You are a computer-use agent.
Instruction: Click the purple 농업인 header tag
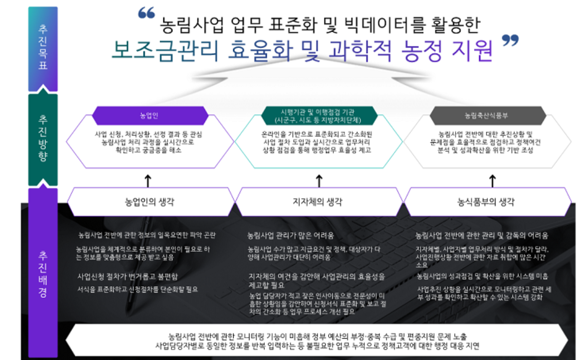(x=149, y=116)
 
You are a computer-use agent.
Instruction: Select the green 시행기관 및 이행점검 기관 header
(x=319, y=116)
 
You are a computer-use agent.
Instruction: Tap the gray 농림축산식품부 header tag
(x=488, y=116)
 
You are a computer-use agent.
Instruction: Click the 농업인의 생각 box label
(x=149, y=202)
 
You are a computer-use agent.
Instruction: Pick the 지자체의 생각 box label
(x=319, y=202)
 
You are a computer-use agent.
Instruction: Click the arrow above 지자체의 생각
(x=319, y=180)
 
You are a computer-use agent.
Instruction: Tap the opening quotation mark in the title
(x=147, y=15)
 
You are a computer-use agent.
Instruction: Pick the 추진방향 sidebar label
(x=43, y=139)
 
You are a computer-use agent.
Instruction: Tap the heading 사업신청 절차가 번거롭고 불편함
(x=127, y=276)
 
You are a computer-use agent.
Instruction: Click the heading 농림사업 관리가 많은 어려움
(x=290, y=235)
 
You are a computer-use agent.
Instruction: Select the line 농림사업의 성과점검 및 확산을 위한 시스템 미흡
(x=482, y=276)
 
